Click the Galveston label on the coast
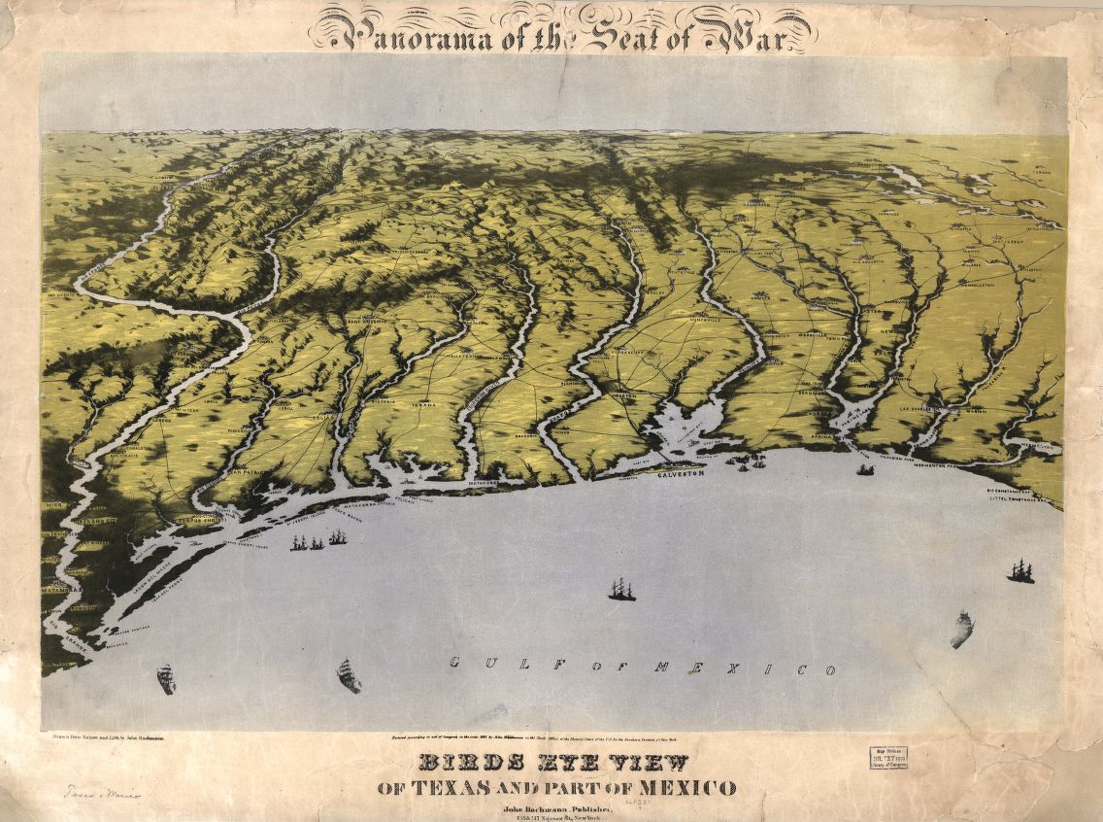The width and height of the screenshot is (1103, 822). coord(680,475)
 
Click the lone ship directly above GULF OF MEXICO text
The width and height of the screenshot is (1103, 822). coord(621,589)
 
